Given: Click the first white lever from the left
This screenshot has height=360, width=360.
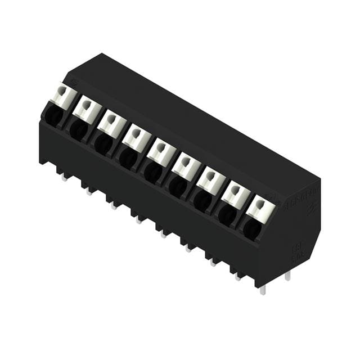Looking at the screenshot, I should [x=64, y=96].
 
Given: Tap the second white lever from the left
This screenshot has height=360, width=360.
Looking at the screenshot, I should [x=88, y=109].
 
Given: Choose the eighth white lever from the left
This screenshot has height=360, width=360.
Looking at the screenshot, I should [x=236, y=193].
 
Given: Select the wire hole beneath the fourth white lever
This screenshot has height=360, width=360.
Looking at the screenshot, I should [x=128, y=156].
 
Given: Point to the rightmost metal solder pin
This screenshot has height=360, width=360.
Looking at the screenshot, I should [x=287, y=275].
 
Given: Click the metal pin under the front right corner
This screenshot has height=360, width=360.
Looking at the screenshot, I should [x=262, y=290].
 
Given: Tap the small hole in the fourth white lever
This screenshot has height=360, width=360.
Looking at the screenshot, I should [x=136, y=133].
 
